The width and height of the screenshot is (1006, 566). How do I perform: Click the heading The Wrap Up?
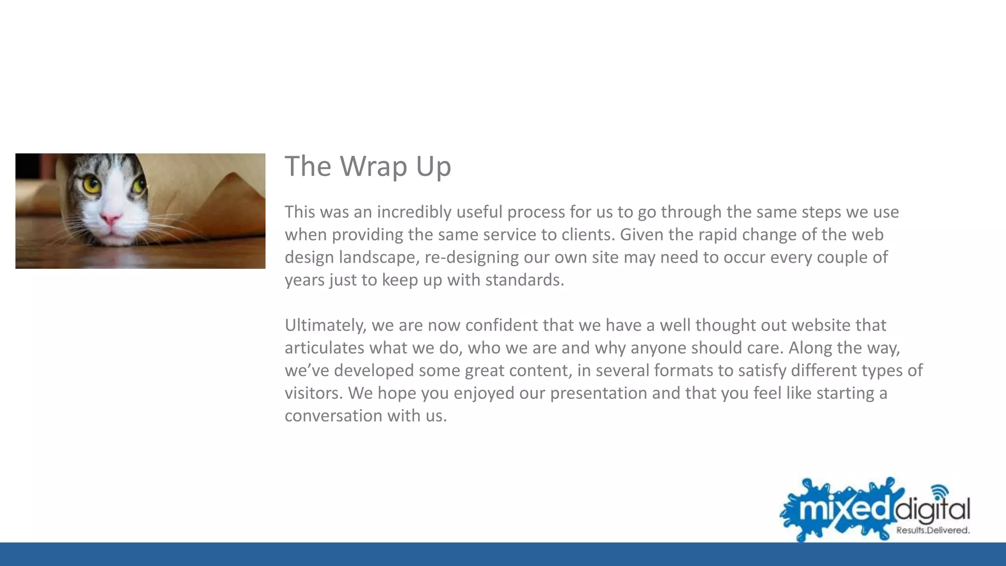pyautogui.click(x=367, y=166)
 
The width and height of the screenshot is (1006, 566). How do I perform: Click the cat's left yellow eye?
pyautogui.click(x=91, y=185)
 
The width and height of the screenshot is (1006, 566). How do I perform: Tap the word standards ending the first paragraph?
pyautogui.click(x=524, y=280)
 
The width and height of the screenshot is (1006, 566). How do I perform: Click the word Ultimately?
pyautogui.click(x=326, y=325)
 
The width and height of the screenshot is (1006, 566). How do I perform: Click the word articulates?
pyautogui.click(x=324, y=348)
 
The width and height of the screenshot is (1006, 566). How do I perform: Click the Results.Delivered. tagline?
pyautogui.click(x=933, y=531)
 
